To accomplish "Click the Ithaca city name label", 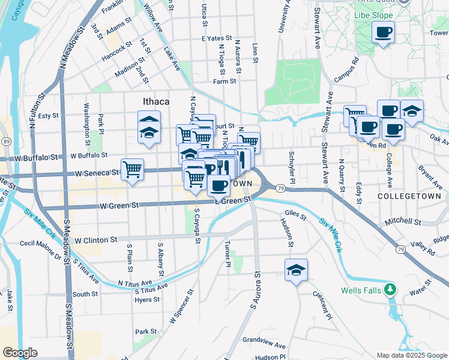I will click(x=155, y=102).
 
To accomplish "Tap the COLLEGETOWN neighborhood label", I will click(x=409, y=196).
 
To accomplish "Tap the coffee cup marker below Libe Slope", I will click(x=383, y=33).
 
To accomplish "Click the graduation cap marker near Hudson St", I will click(x=296, y=271).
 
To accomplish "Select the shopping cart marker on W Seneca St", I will click(x=132, y=169).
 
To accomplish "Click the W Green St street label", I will click(x=119, y=205).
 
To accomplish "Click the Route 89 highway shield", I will click(x=5, y=140).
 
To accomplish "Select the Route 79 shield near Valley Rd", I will click(x=400, y=248).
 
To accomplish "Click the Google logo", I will click(x=20, y=352).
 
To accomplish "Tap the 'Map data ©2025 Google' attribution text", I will click(x=411, y=355).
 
